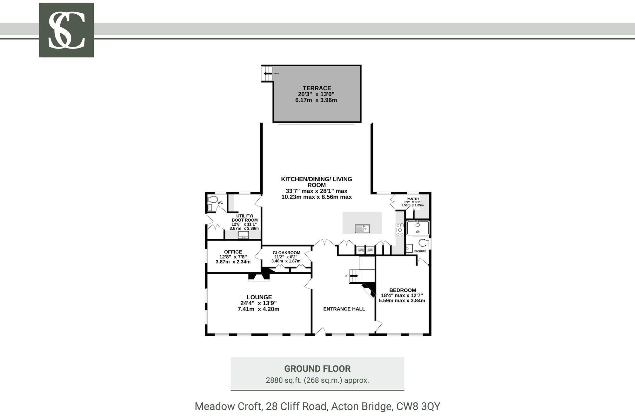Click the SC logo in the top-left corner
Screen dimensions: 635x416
click(x=66, y=30)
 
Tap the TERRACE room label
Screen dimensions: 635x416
click(x=317, y=88)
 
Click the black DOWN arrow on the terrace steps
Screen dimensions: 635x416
click(x=268, y=74)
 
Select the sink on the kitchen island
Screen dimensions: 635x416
click(x=362, y=228)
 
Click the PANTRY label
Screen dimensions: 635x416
click(x=413, y=199)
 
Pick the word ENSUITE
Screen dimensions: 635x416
click(x=420, y=251)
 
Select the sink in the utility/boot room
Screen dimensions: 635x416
click(x=244, y=235)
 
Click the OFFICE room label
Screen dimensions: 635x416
click(x=233, y=252)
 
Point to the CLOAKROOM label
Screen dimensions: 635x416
click(x=286, y=253)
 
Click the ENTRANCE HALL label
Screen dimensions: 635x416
click(x=344, y=309)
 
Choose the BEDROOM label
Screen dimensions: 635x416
click(x=403, y=290)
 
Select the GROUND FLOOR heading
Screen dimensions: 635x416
click(x=317, y=369)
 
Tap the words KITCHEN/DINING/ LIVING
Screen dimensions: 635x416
click(x=317, y=179)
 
